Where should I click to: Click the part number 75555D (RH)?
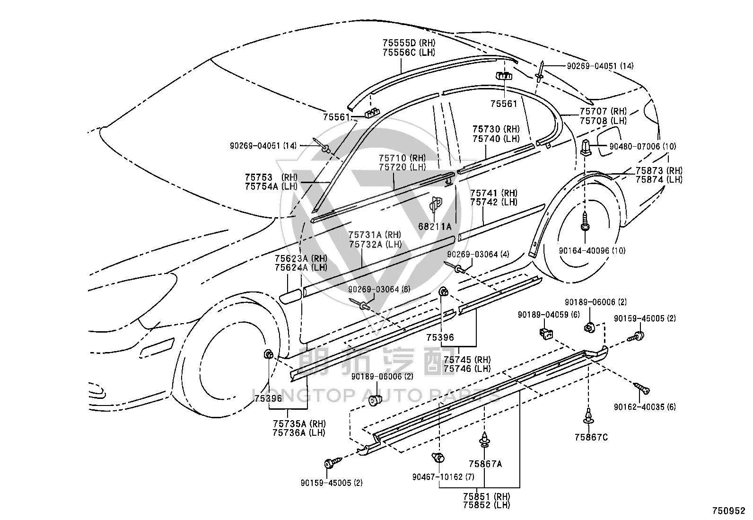tap(409, 43)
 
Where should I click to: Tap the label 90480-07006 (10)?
tap(643, 146)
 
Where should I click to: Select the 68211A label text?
tap(435, 227)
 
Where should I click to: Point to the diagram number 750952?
tap(729, 511)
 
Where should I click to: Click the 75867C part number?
tap(591, 437)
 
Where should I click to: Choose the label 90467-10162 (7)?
tap(443, 477)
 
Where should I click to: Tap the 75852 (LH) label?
tap(486, 505)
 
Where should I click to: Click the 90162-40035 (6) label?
tap(645, 407)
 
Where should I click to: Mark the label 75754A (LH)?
tap(271, 186)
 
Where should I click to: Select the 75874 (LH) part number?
tap(659, 180)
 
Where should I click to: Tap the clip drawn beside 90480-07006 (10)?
tap(585, 147)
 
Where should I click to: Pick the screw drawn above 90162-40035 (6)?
tap(641, 388)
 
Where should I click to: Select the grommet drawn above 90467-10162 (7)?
tap(438, 458)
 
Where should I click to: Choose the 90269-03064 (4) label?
tap(478, 254)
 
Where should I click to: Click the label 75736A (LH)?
tap(299, 432)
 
